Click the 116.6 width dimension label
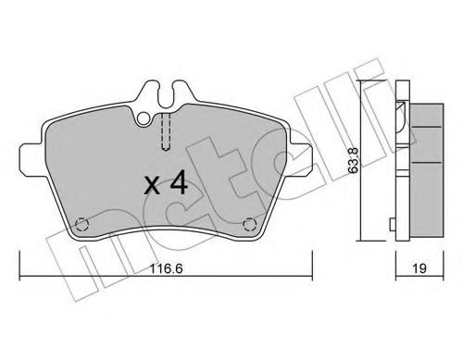tap(166, 268)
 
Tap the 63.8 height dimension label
tap(354, 160)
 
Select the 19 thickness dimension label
tap(419, 268)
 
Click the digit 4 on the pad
tap(179, 183)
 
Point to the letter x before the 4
tap(152, 186)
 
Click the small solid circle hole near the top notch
tap(144, 118)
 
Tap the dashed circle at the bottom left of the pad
tap(82, 225)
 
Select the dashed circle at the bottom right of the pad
tap(249, 225)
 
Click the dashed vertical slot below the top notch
tap(166, 132)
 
